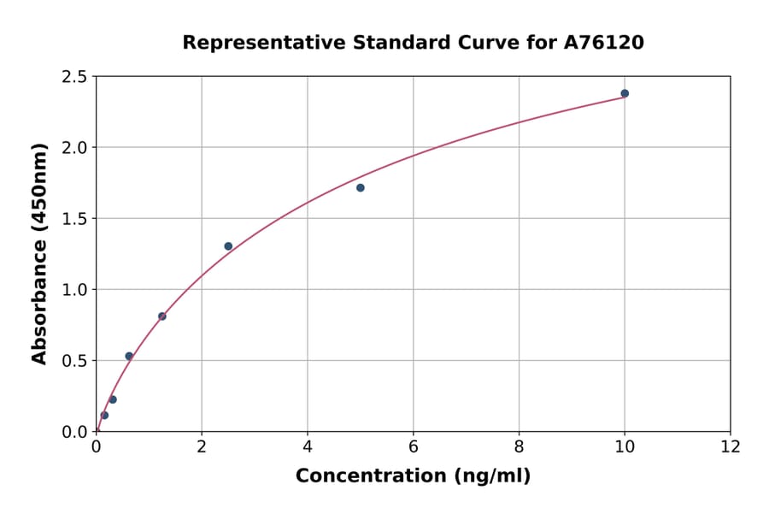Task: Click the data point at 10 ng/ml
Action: (x=625, y=93)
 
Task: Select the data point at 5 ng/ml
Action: (x=361, y=187)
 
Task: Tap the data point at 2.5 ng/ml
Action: (x=228, y=246)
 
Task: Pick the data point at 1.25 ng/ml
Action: (x=162, y=316)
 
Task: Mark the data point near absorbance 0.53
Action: (x=129, y=356)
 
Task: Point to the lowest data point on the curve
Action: (x=104, y=416)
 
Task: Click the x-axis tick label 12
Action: (x=731, y=446)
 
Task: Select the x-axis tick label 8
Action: (x=520, y=446)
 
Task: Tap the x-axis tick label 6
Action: (x=414, y=446)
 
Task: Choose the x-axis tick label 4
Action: (x=308, y=446)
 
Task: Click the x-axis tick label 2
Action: (x=202, y=446)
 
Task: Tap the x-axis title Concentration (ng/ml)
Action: (x=413, y=476)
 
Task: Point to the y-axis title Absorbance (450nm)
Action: (x=39, y=253)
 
